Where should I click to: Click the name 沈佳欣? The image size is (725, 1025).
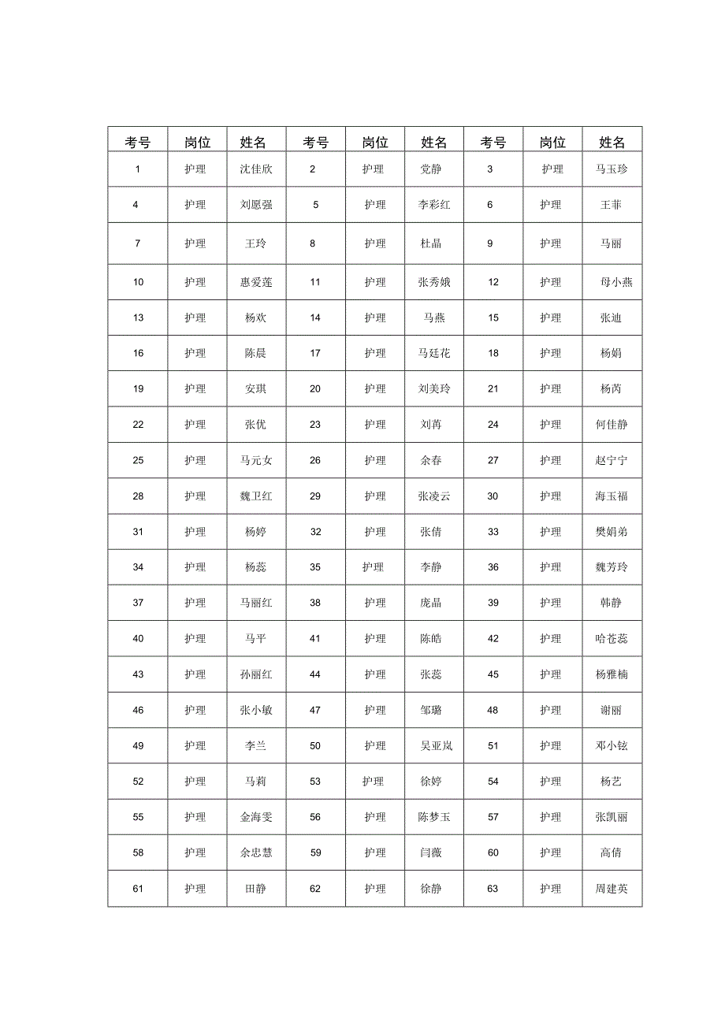256,169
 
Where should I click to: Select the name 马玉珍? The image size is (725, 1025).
612,169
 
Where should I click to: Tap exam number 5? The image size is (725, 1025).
315,205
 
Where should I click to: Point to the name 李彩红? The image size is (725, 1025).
434,205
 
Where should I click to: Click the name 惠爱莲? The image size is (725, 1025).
256,282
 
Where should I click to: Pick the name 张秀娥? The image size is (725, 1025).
434,282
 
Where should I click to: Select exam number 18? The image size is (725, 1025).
493,353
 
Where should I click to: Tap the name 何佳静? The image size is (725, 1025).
612,425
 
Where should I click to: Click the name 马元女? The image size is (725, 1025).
256,460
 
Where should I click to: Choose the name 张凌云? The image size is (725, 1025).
434,496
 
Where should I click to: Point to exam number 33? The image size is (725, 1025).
493,532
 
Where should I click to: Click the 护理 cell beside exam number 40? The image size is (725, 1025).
195,639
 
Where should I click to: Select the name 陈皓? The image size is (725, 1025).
431,639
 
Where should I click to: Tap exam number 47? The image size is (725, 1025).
315,710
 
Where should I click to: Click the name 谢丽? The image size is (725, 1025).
611,710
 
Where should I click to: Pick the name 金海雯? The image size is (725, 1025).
256,817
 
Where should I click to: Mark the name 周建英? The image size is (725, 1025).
612,889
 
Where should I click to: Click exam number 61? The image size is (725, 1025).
138,889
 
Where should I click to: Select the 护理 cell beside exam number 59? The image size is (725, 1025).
375,852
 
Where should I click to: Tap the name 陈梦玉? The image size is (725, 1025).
434,817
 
